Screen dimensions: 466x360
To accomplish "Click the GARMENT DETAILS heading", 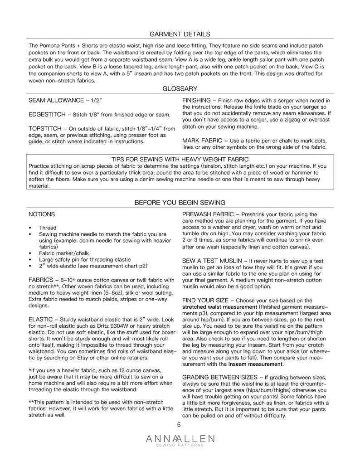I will (180, 34).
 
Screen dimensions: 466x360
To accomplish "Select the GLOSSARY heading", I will (180, 88).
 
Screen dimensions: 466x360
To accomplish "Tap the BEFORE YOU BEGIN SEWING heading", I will (180, 202).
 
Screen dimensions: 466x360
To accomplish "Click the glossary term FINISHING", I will (197, 100).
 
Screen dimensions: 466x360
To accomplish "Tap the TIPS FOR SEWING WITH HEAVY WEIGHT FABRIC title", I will (180, 159).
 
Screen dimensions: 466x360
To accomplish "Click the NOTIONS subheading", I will (42, 214).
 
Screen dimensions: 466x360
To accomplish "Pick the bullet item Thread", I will (48, 228).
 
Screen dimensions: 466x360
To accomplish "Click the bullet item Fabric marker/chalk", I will (61, 253).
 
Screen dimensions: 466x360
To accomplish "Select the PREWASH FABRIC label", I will (208, 214).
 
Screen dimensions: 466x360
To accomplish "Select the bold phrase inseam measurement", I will (256, 364).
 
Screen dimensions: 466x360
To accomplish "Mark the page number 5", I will (179, 425).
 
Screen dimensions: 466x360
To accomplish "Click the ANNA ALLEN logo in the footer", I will (180, 440).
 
